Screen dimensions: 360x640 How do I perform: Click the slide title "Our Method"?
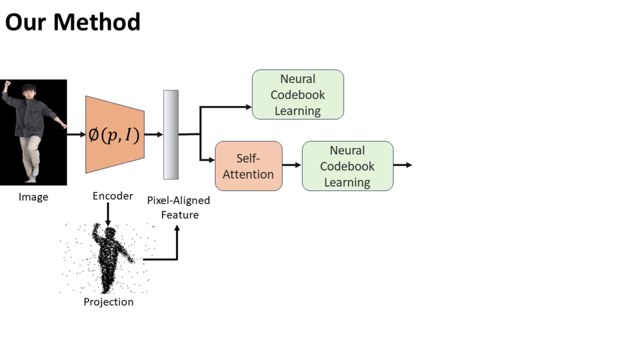pyautogui.click(x=73, y=22)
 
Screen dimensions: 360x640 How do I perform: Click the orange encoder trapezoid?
pyautogui.click(x=115, y=134)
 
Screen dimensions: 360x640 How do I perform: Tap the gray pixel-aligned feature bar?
pyautogui.click(x=171, y=134)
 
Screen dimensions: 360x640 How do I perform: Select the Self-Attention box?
pyautogui.click(x=248, y=166)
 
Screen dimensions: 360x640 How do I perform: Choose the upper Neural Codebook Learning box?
pyautogui.click(x=298, y=95)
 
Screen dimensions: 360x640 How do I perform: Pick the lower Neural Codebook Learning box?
pyautogui.click(x=347, y=166)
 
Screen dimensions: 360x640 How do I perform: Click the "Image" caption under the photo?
pyautogui.click(x=33, y=197)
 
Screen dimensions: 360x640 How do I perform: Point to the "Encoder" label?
pyautogui.click(x=113, y=196)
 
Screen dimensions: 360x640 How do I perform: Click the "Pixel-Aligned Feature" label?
pyautogui.click(x=179, y=207)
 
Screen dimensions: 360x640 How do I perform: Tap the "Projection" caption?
pyautogui.click(x=108, y=302)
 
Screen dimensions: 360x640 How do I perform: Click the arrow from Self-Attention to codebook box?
pyautogui.click(x=292, y=165)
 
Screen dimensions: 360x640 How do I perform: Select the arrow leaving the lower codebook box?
pyautogui.click(x=403, y=165)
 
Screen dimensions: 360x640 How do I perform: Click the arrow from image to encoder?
pyautogui.click(x=76, y=134)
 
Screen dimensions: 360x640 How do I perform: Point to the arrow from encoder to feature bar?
pyautogui.click(x=154, y=134)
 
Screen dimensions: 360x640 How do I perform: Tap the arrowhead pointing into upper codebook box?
pyautogui.click(x=249, y=107)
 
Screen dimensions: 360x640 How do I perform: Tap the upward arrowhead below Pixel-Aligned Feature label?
pyautogui.click(x=177, y=228)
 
